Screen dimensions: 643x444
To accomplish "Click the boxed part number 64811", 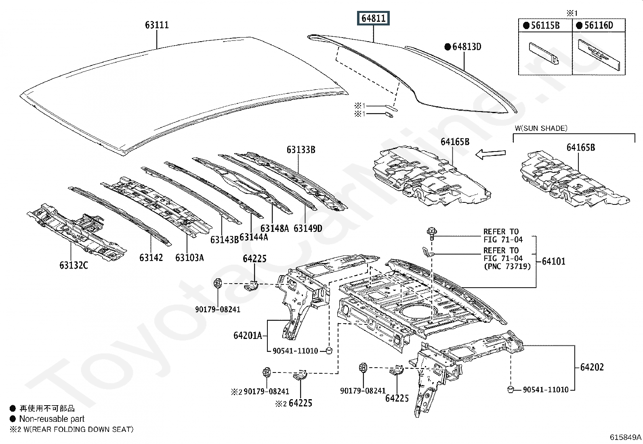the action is point(373,18).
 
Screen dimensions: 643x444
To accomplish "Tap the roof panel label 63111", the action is point(157,25).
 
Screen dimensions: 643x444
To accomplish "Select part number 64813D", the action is point(467,46).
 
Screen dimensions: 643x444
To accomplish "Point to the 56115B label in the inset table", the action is point(545,25).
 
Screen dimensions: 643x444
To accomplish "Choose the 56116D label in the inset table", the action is point(599,25).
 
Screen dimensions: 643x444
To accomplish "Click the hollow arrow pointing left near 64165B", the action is point(491,154).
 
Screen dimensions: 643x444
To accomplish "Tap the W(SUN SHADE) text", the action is point(541,128).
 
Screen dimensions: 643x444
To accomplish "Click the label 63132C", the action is point(74,265).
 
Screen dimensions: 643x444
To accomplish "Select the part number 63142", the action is point(151,258).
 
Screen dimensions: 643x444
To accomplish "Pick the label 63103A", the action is point(189,258).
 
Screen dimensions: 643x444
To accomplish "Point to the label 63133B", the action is point(301,149).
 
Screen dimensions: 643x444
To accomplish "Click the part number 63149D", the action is point(308,228).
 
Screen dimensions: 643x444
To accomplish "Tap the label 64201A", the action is point(248,335).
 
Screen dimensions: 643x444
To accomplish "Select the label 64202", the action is point(592,367).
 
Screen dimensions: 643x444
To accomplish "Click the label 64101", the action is point(553,261).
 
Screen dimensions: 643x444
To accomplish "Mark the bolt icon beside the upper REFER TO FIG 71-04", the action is point(432,234).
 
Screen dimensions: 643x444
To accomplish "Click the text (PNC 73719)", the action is point(508,266).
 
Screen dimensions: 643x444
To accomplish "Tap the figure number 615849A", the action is point(626,437).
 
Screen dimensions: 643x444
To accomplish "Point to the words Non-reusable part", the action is point(52,419).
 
